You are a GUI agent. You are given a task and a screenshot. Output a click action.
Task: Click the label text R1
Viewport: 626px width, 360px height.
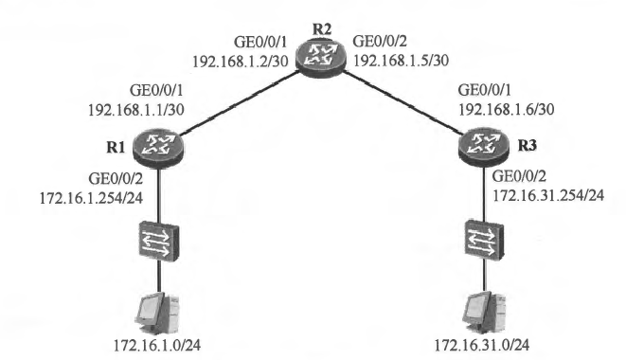[116, 148]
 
